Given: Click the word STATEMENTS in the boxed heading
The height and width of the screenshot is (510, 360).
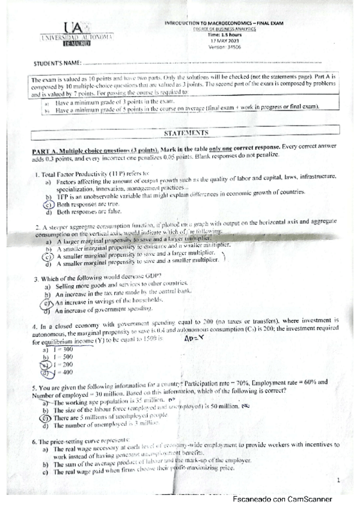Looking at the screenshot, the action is (x=185, y=132).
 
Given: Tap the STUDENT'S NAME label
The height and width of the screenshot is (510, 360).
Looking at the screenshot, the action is (x=57, y=63).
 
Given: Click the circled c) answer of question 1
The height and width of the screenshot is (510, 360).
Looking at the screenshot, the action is (x=47, y=204).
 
